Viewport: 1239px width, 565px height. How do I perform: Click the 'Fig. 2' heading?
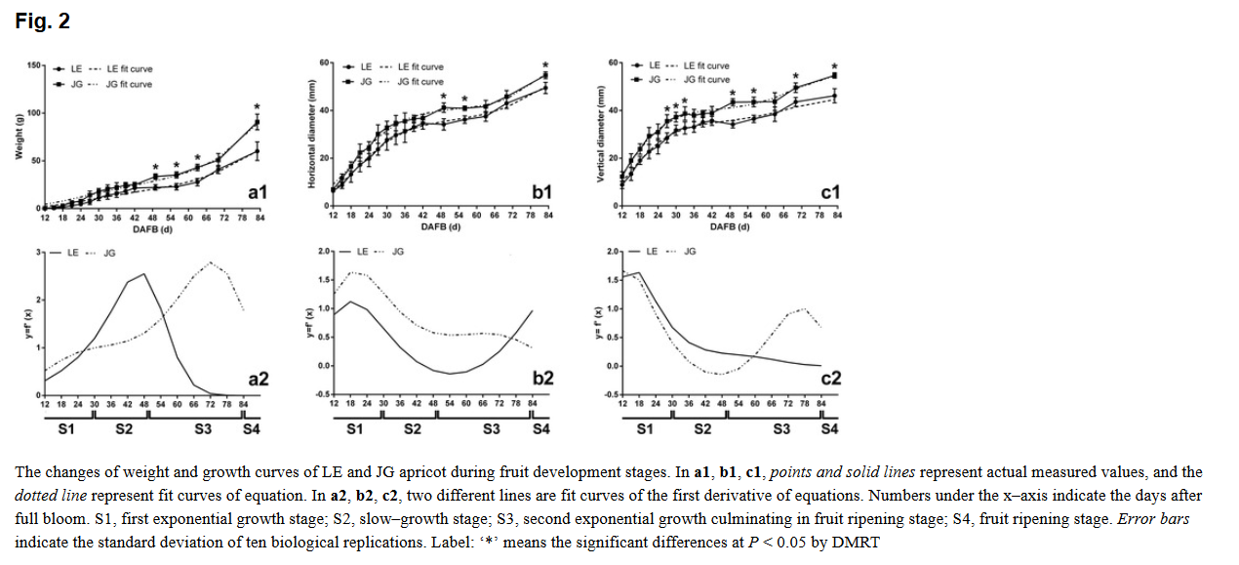(43, 20)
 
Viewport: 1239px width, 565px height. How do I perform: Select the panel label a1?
(258, 193)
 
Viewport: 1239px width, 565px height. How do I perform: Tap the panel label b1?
(542, 193)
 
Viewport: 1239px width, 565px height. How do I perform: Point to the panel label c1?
(830, 193)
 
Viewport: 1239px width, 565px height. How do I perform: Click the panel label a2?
(259, 378)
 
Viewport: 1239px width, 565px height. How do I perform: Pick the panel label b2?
(543, 378)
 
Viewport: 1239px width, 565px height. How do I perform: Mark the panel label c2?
(830, 378)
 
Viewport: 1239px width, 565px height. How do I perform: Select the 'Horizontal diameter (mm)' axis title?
(311, 137)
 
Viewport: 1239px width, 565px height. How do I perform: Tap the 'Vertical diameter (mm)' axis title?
(598, 137)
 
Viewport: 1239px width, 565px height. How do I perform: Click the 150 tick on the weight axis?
(32, 65)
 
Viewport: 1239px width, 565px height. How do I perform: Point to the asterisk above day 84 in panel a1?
(258, 107)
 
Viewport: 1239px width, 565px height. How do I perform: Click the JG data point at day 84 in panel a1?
(258, 122)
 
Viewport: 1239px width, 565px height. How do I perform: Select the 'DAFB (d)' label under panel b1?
(440, 227)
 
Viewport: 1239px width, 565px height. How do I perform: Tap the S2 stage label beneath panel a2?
(124, 428)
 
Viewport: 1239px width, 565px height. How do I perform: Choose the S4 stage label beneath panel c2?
(829, 428)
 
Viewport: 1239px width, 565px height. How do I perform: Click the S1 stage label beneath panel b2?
(355, 428)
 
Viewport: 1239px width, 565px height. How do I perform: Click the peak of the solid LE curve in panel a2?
(144, 274)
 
